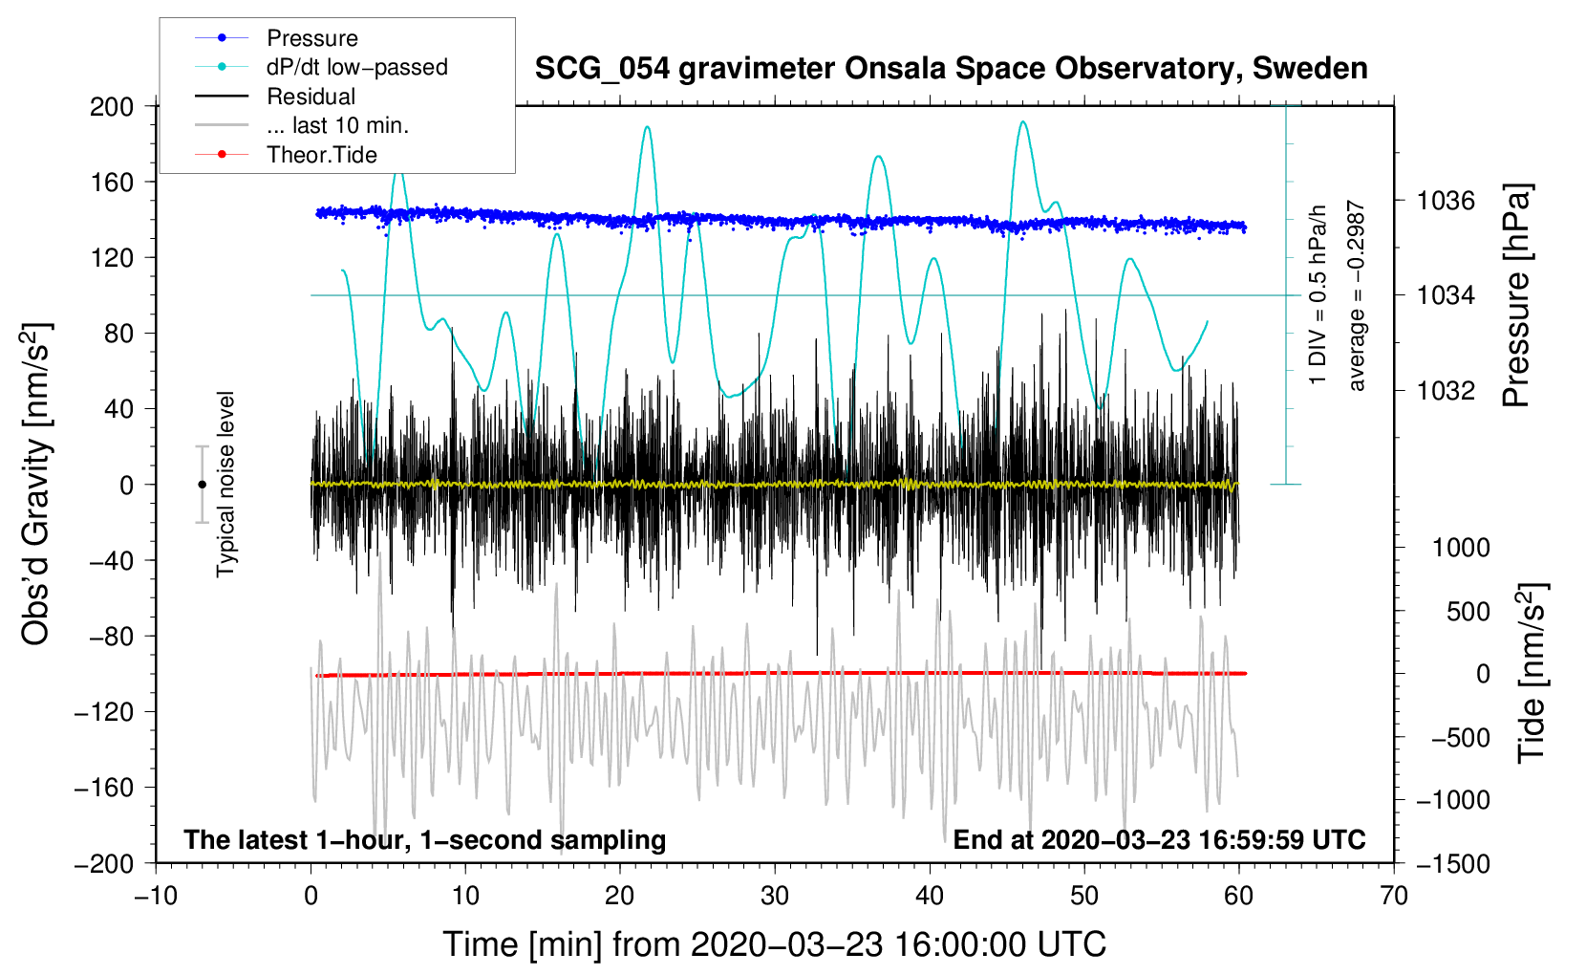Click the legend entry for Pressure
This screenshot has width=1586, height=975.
coord(311,38)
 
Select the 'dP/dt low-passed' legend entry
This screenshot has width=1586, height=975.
coord(356,67)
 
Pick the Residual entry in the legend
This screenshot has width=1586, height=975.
coord(311,97)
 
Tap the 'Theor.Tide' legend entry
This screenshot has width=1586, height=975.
coord(321,155)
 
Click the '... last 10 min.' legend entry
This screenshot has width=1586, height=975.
coord(337,125)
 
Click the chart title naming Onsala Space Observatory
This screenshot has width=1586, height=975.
coord(951,69)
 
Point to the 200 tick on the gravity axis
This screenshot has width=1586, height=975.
coord(112,106)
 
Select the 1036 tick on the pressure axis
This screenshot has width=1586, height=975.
coord(1446,201)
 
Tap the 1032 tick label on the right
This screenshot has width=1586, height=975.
coord(1446,390)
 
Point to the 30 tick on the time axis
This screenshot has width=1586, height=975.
coord(775,896)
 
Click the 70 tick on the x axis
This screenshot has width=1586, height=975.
coord(1394,896)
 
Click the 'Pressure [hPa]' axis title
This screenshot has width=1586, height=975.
coord(1516,295)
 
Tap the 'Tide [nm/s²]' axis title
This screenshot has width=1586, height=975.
coord(1532,673)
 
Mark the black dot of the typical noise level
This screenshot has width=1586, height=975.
coord(202,485)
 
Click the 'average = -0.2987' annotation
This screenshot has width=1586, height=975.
coord(1357,295)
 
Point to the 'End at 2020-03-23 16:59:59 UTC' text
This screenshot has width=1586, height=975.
coord(1159,839)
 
